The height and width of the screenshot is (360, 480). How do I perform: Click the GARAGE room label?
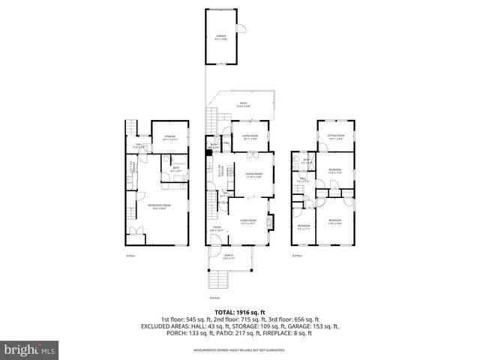point(220,37)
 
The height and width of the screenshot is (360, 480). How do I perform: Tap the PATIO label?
point(243,104)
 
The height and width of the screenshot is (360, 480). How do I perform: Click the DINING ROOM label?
point(253,175)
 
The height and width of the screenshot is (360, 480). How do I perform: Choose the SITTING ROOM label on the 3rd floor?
point(334,136)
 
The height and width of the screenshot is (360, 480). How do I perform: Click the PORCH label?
point(229,256)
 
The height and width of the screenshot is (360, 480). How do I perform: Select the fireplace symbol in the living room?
point(271,220)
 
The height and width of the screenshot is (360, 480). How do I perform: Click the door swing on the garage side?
point(241,29)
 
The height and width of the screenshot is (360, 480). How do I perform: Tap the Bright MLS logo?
point(29,350)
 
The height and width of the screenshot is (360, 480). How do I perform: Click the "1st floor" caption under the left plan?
point(130,255)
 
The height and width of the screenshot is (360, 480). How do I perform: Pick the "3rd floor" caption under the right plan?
point(298,255)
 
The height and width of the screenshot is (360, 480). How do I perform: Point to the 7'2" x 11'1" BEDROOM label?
point(303,226)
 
